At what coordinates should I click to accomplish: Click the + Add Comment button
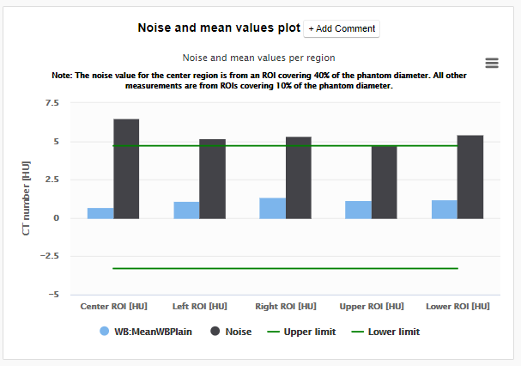(x=342, y=28)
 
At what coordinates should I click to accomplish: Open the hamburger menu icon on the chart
(x=492, y=63)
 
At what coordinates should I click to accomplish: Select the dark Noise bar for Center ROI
(x=126, y=168)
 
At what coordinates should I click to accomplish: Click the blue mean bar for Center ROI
(x=100, y=213)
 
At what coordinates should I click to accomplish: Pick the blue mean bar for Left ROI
(x=186, y=210)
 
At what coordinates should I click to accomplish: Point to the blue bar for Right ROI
(x=272, y=208)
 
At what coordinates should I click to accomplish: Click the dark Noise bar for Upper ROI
(x=384, y=182)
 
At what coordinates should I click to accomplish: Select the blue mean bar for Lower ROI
(x=444, y=210)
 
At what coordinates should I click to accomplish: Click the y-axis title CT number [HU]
(x=26, y=198)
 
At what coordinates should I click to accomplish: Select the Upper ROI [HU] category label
(x=371, y=307)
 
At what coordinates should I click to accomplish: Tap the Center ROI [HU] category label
(x=112, y=307)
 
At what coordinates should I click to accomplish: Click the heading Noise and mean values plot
(x=219, y=27)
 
